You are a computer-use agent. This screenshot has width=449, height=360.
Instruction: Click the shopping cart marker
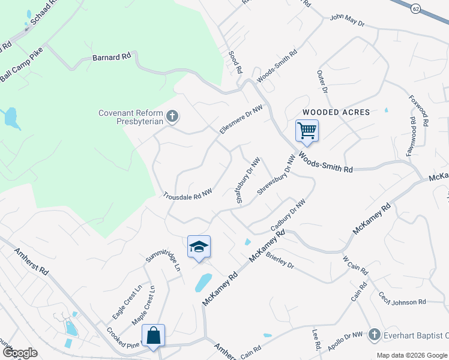tap(307, 130)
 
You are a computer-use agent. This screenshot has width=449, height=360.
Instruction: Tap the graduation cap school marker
tap(199, 246)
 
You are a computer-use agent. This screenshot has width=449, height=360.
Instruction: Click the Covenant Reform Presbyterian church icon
tap(172, 116)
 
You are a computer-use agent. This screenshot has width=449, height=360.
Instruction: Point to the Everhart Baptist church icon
tap(375, 334)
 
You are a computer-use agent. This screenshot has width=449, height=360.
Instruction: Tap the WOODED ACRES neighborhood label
tap(336, 112)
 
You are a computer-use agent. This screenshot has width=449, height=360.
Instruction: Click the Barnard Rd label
tap(112, 58)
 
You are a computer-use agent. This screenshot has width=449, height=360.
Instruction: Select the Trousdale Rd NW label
tap(188, 194)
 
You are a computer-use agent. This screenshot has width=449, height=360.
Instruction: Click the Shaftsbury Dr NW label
tap(248, 181)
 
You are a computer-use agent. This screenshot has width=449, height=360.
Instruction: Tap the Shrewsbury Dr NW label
tap(277, 176)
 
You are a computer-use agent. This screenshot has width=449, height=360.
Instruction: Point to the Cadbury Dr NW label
tap(288, 216)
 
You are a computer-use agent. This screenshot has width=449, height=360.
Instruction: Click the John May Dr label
tap(347, 20)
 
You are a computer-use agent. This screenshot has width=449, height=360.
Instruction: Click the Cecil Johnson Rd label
tap(402, 298)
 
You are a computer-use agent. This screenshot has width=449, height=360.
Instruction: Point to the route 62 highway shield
tap(415, 8)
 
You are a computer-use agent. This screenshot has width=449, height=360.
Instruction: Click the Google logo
tap(20, 353)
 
